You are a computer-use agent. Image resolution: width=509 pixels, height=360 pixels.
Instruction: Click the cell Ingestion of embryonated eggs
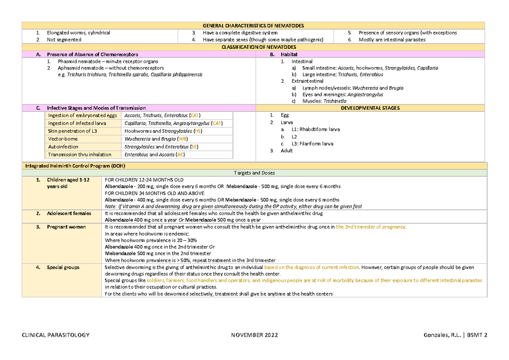[x=82, y=115]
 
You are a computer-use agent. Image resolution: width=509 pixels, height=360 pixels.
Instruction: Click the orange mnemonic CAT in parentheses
[x=216, y=123]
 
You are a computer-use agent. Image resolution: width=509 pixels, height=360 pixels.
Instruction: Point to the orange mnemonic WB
[x=182, y=139]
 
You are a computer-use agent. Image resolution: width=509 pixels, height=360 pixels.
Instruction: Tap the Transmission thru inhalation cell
[x=80, y=155]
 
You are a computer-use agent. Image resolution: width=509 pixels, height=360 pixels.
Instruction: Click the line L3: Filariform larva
[x=312, y=144]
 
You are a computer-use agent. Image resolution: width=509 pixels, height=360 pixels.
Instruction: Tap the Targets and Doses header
[x=255, y=173]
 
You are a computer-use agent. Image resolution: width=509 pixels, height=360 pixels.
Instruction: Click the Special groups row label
[x=63, y=268]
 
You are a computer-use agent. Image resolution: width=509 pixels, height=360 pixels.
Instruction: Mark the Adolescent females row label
[x=69, y=213]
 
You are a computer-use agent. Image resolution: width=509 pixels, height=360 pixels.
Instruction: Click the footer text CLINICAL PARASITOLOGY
[x=56, y=335]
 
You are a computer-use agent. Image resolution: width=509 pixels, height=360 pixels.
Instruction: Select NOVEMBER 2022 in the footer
[x=255, y=335]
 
